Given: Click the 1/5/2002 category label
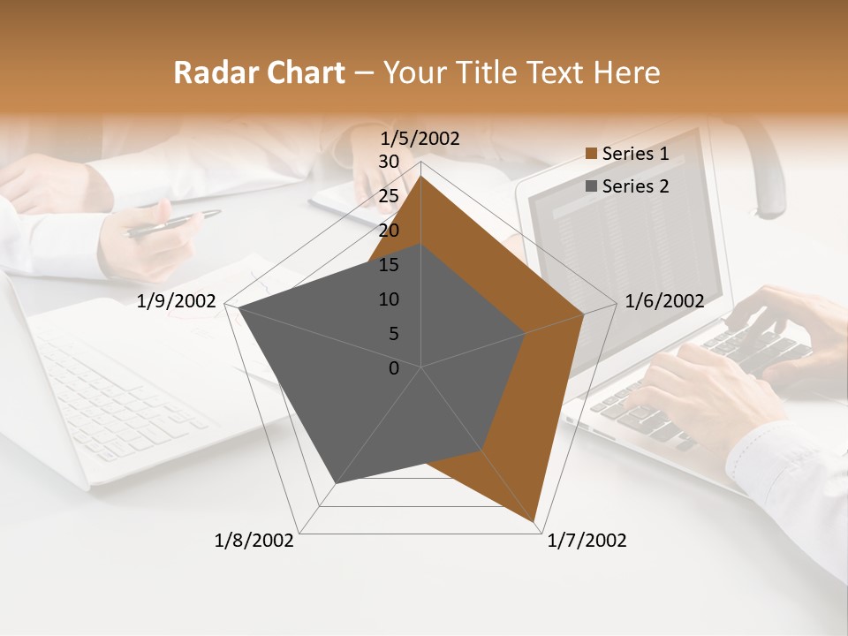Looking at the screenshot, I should [x=420, y=139].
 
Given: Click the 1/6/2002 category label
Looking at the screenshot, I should [x=664, y=301].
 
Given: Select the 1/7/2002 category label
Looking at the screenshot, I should [x=587, y=541].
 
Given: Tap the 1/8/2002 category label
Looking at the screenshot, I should [x=254, y=541].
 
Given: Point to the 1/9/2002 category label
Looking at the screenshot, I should [x=177, y=301].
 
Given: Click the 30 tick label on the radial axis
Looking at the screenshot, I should [x=389, y=162].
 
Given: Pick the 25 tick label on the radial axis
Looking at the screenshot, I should [x=389, y=196].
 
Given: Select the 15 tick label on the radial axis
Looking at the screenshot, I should [x=389, y=265].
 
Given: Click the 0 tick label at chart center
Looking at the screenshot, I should [x=394, y=368].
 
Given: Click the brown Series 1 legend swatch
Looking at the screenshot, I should [x=591, y=154].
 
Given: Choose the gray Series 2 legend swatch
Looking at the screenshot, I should [x=591, y=186].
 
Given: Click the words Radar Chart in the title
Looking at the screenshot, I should [x=259, y=72].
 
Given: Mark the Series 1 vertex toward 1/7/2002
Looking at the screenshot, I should [x=535, y=521].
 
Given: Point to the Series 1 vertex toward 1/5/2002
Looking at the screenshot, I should [x=421, y=175].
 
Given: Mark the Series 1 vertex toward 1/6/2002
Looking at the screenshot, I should [x=584, y=314].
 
